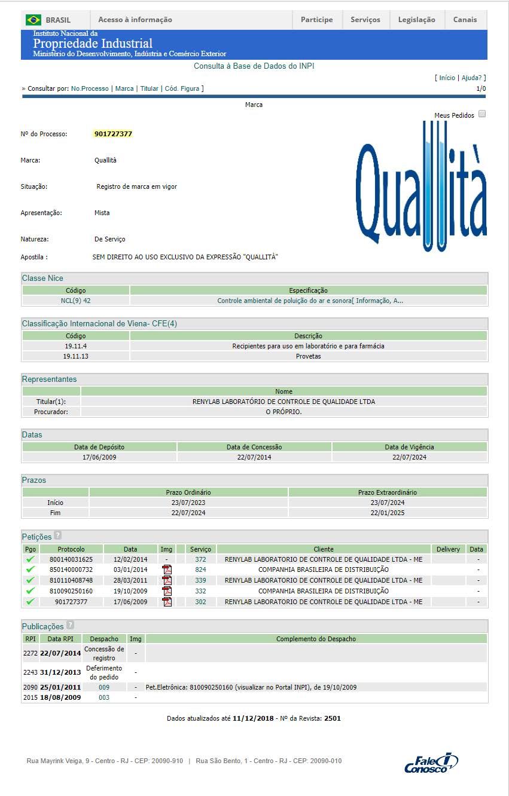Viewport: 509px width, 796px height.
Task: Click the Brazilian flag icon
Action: tap(33, 20)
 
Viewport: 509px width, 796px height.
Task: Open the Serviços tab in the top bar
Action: tap(365, 20)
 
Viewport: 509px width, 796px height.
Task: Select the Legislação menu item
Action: tap(416, 20)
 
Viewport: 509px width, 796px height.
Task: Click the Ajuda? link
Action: tap(473, 78)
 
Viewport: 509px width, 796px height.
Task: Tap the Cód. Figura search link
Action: tap(182, 88)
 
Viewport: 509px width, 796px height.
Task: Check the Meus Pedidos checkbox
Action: tap(482, 114)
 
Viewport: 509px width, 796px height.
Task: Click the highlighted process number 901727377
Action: tap(113, 134)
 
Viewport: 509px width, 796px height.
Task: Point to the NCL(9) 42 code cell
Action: tap(76, 301)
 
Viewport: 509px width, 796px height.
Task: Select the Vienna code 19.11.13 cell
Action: tap(76, 356)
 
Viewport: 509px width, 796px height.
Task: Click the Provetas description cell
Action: tap(308, 356)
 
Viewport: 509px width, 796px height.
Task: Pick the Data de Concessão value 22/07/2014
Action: tap(254, 457)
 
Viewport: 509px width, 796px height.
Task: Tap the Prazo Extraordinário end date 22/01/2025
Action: tap(387, 513)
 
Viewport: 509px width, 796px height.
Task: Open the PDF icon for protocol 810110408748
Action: tap(167, 580)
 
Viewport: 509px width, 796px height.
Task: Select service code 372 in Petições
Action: tap(200, 559)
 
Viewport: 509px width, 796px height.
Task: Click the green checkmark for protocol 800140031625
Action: tap(31, 559)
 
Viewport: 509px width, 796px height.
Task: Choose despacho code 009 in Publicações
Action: tap(104, 687)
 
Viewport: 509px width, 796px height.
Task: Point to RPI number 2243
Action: tap(31, 672)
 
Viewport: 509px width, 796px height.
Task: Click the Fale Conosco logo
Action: tap(431, 763)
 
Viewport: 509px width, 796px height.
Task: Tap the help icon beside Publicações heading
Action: tap(71, 626)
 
